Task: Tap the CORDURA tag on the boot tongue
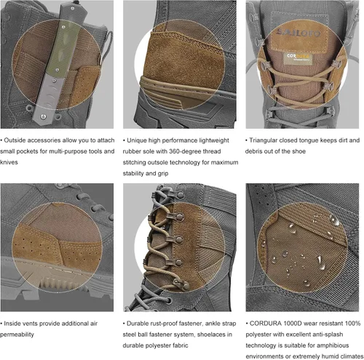(298, 58)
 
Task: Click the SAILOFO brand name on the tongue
(298, 32)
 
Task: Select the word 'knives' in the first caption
(9, 162)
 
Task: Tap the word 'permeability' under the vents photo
(17, 335)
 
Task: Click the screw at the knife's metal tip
(44, 117)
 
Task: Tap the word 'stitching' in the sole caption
(134, 162)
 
